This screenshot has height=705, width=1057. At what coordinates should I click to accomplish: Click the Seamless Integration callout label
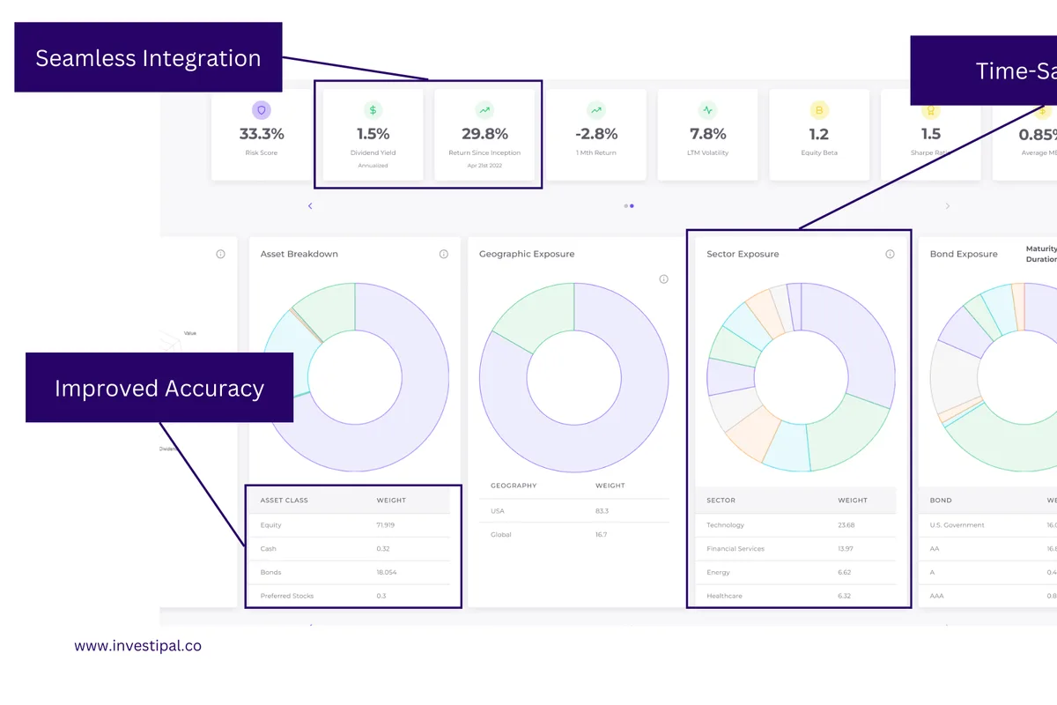click(x=148, y=58)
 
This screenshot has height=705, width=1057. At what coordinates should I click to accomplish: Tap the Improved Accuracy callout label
click(x=159, y=389)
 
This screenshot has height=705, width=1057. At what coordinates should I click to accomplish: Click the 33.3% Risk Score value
click(x=262, y=134)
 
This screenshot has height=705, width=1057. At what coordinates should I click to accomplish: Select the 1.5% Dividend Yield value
click(x=373, y=134)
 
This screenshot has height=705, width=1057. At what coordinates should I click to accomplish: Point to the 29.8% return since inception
click(x=484, y=134)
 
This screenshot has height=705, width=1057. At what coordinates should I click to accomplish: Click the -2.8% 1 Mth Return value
click(x=596, y=134)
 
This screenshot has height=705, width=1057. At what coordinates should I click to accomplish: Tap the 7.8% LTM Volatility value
click(x=707, y=134)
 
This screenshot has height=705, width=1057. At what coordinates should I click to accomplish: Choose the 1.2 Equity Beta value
click(x=819, y=134)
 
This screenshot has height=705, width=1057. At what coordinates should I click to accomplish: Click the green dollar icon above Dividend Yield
click(x=373, y=110)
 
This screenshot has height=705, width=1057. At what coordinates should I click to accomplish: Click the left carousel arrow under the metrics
click(x=310, y=206)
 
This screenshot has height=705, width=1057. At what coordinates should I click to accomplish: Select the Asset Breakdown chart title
click(x=299, y=254)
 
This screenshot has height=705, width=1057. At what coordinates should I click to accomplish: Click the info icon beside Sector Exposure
click(x=890, y=254)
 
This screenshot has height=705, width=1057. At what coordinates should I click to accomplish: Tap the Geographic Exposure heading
click(x=527, y=254)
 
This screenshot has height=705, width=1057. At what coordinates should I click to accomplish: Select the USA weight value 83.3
click(x=602, y=511)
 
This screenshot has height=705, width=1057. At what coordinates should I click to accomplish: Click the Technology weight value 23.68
click(x=846, y=525)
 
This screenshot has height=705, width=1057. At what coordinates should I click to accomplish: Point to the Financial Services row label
click(x=735, y=549)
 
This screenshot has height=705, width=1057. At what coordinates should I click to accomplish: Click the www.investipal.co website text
click(x=137, y=646)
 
